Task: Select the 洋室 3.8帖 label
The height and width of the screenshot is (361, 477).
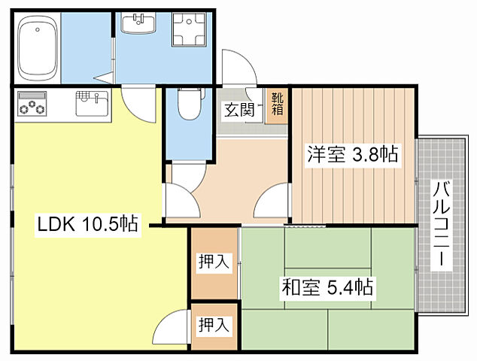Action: pos(351,155)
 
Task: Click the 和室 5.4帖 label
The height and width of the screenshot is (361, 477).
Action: pos(328,287)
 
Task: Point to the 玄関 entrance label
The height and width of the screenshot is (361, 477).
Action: pos(237,109)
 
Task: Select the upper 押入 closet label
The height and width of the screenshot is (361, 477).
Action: pos(214,262)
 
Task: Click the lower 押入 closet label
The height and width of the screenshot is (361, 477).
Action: pos(213,325)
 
